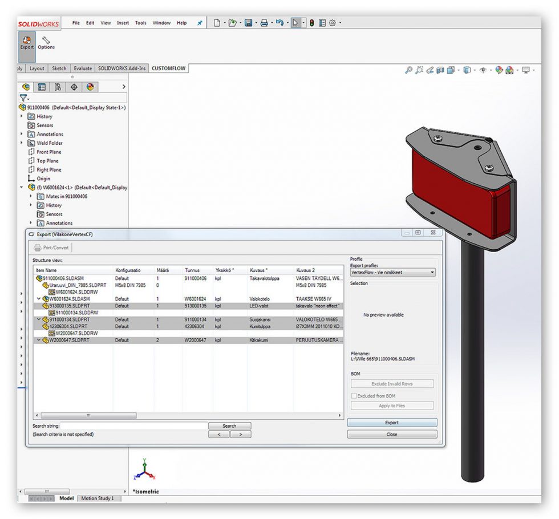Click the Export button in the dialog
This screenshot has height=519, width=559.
(x=392, y=423)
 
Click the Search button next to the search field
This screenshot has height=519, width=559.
(x=229, y=425)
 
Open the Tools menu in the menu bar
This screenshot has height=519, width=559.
(x=140, y=23)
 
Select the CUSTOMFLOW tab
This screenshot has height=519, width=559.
(x=169, y=68)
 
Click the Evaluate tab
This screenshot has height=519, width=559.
(x=83, y=68)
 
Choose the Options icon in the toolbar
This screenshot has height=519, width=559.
(x=46, y=43)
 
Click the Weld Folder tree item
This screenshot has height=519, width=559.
(x=49, y=143)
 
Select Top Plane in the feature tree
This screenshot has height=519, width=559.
(x=48, y=161)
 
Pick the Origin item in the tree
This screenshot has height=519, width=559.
(x=43, y=179)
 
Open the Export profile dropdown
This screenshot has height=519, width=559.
(x=392, y=273)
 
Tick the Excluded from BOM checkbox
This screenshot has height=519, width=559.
(x=354, y=395)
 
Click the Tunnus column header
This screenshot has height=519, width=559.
(x=192, y=270)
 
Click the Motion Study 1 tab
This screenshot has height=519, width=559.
(x=97, y=498)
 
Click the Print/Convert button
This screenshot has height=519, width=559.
(x=52, y=248)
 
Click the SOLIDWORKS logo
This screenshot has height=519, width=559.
(x=35, y=24)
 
